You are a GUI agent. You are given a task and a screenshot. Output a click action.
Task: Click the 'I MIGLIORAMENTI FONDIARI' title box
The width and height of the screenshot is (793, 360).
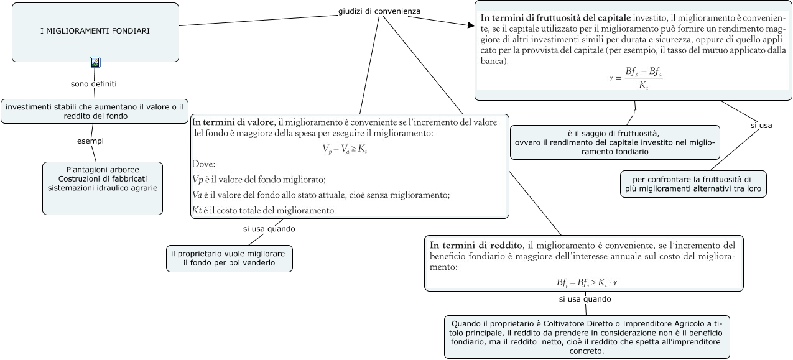(95, 31)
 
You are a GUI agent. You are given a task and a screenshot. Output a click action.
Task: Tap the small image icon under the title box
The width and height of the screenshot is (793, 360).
(95, 62)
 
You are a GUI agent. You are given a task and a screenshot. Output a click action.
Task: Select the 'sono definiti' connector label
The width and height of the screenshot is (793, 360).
(94, 83)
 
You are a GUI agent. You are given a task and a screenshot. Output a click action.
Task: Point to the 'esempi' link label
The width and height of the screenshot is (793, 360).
(90, 141)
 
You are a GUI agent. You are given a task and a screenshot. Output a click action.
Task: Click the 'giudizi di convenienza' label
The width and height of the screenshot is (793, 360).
(379, 11)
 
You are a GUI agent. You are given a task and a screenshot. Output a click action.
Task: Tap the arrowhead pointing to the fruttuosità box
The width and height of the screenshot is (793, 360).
(470, 25)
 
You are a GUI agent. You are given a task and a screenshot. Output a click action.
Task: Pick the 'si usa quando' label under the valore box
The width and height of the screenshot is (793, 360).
(269, 229)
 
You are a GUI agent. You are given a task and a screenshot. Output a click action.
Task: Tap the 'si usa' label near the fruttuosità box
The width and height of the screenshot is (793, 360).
(761, 126)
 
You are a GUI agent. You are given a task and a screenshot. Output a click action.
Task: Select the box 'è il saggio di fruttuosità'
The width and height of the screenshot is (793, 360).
(614, 142)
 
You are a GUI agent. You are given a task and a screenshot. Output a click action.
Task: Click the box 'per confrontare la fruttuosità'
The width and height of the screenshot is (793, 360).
(693, 183)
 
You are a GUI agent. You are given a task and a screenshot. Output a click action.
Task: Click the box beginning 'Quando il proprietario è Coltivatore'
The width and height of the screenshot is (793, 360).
(587, 337)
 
